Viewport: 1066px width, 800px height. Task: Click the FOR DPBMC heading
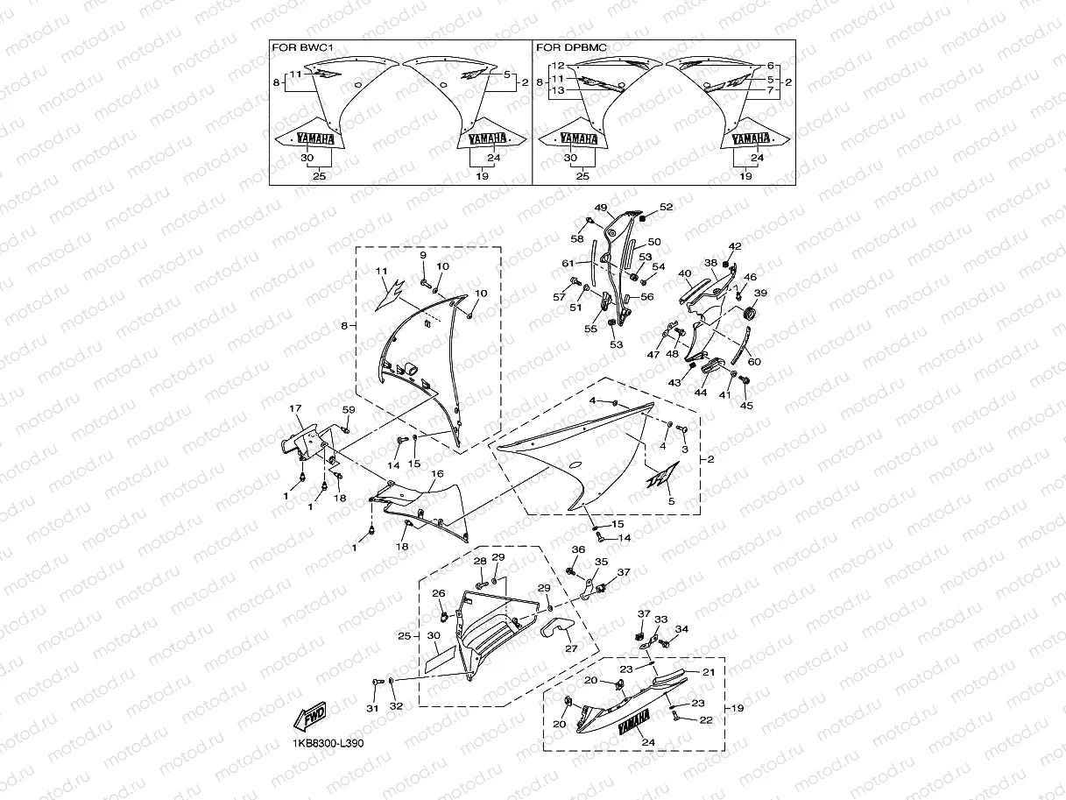(x=570, y=47)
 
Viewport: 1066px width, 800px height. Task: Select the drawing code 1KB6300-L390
(x=328, y=743)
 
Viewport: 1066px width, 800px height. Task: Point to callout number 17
(x=295, y=408)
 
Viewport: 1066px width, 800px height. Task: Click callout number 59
(x=349, y=409)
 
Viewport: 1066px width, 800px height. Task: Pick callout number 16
(x=437, y=473)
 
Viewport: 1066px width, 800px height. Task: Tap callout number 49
(x=601, y=208)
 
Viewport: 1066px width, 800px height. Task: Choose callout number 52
(x=667, y=207)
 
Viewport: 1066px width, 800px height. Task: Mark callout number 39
(x=760, y=294)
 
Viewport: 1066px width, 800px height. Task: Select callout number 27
(x=571, y=649)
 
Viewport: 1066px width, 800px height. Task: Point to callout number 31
(x=372, y=708)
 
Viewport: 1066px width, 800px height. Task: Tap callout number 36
(x=578, y=549)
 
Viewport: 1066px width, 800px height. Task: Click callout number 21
(x=709, y=672)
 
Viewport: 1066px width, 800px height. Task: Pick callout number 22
(x=707, y=720)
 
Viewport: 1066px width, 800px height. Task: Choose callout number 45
(x=746, y=406)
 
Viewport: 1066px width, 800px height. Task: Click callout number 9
(x=422, y=255)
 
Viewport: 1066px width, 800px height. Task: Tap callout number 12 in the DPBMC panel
(x=558, y=67)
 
